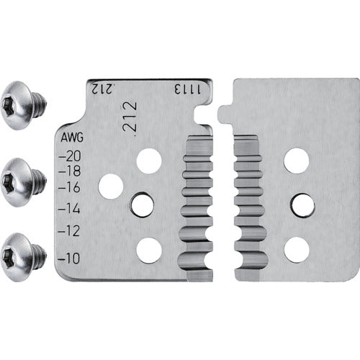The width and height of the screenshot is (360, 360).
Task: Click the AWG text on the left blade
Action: click(x=72, y=138)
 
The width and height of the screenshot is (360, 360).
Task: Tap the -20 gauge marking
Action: click(x=70, y=156)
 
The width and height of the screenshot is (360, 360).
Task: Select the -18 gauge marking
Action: click(x=70, y=171)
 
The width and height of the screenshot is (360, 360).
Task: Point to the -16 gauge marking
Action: click(x=69, y=187)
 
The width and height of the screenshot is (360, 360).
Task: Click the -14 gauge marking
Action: click(x=69, y=209)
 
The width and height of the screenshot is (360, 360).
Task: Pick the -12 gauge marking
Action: click(x=69, y=231)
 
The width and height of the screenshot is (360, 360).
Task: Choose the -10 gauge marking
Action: click(x=69, y=258)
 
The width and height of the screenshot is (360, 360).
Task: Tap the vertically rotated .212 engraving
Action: click(x=130, y=117)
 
